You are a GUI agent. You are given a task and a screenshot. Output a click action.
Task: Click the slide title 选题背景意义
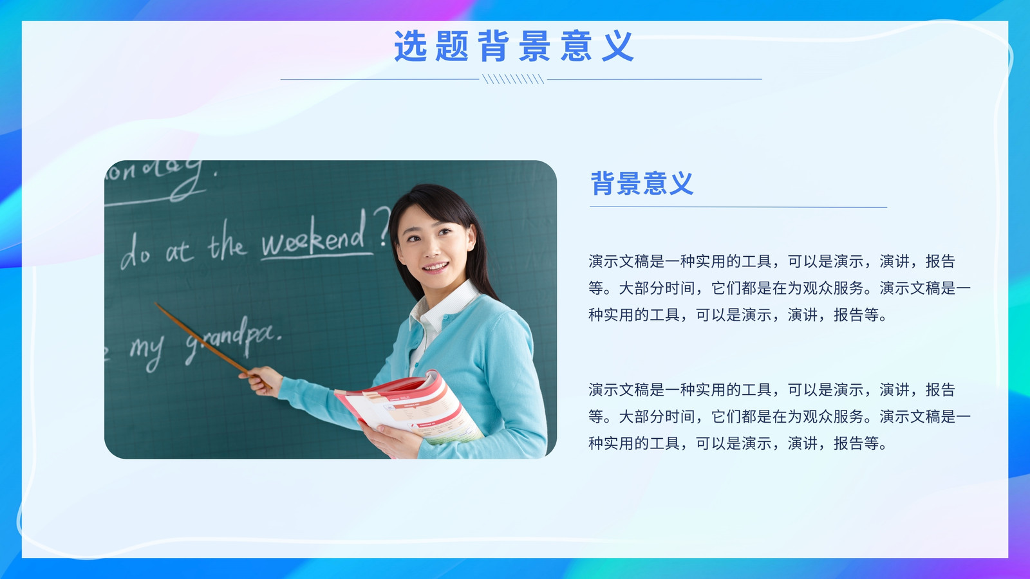click(514, 46)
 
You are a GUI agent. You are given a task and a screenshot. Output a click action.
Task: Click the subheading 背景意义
click(642, 183)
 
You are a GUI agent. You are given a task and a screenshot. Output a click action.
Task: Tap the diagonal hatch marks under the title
click(513, 79)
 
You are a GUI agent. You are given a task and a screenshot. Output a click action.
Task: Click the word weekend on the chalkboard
click(314, 237)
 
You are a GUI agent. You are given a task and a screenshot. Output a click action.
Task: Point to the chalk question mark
click(382, 225)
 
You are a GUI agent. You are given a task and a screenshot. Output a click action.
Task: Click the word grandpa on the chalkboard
click(233, 341)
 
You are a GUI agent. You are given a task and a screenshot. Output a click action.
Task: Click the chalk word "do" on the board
click(135, 252)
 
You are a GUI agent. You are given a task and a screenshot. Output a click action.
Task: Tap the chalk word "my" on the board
click(147, 350)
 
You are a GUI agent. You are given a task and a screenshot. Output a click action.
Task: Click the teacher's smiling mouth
click(435, 267)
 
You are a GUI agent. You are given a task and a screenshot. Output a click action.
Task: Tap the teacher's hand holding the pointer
click(260, 380)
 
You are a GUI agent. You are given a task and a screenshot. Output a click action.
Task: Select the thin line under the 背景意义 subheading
click(738, 207)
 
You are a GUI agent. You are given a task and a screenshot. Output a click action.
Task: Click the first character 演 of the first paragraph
click(596, 261)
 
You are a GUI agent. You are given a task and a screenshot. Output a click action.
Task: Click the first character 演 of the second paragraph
click(596, 390)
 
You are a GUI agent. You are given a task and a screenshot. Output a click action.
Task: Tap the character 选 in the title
click(410, 46)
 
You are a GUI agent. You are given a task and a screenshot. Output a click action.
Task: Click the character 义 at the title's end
click(618, 46)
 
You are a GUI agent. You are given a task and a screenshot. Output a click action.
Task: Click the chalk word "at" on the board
click(180, 252)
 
